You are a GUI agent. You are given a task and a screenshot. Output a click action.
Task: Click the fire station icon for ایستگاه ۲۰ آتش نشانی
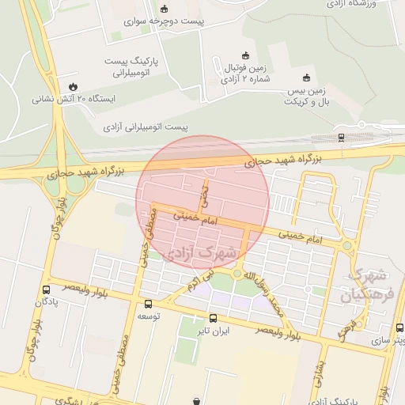[73, 86]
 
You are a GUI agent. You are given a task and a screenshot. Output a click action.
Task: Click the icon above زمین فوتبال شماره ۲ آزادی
[244, 55]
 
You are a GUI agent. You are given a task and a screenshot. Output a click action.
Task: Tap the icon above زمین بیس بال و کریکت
[306, 78]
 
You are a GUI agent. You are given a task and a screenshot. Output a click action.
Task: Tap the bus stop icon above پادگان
[46, 290]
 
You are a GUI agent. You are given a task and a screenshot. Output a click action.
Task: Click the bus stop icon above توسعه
[148, 304]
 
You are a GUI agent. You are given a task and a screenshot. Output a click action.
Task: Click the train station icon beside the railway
[341, 137]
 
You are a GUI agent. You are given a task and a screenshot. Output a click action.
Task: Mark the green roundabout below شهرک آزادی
[237, 274]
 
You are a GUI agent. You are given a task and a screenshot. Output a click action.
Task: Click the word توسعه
[150, 316]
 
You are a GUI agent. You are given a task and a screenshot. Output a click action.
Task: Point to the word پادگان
[44, 302]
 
